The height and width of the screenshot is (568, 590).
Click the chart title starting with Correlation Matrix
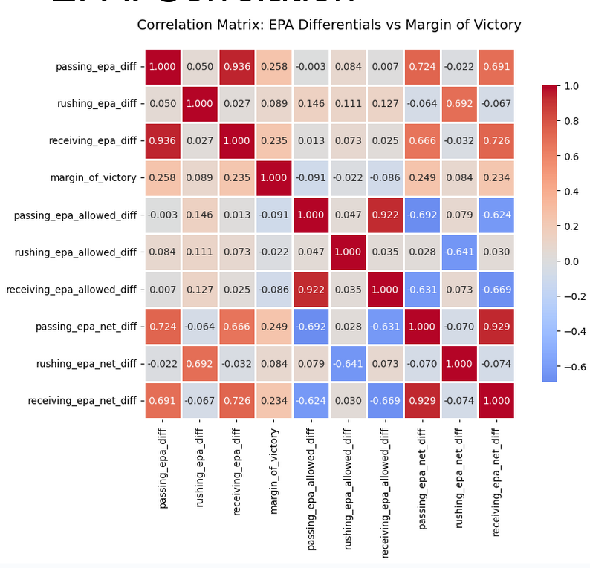pos(329,25)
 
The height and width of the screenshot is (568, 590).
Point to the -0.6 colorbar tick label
pos(571,366)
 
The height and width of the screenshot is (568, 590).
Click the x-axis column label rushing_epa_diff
pos(199,468)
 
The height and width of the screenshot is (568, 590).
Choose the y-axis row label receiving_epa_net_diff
pos(82,400)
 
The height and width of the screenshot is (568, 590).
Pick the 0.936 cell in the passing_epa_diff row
pos(237,66)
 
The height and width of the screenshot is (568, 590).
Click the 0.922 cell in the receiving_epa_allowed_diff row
pos(311,289)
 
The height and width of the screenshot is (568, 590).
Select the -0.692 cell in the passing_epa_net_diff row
pos(311,326)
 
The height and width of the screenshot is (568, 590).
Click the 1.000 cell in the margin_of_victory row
pos(273,177)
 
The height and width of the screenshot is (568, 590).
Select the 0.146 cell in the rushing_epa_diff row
pos(311,103)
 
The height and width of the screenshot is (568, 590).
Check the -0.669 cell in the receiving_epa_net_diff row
pos(385,400)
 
